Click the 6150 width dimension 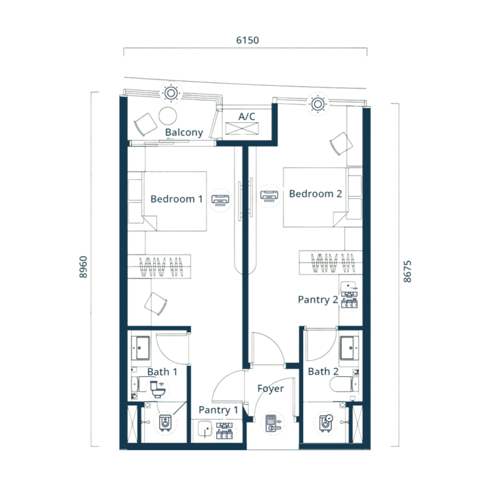click(x=247, y=40)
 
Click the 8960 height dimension click(x=83, y=267)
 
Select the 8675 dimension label click(x=407, y=271)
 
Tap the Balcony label click(x=184, y=133)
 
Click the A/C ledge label click(x=247, y=117)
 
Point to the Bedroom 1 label click(x=176, y=199)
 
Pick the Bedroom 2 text click(x=315, y=194)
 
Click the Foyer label click(x=270, y=389)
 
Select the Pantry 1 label click(x=218, y=410)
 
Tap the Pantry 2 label click(x=318, y=300)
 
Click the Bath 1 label click(x=162, y=372)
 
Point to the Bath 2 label click(x=323, y=371)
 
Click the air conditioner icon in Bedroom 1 click(x=221, y=200)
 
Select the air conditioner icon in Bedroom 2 click(x=269, y=195)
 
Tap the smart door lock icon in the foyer click(x=273, y=424)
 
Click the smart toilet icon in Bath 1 click(x=158, y=389)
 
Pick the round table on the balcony click(x=167, y=116)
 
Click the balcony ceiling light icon click(x=171, y=93)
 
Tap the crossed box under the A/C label click(x=242, y=129)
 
